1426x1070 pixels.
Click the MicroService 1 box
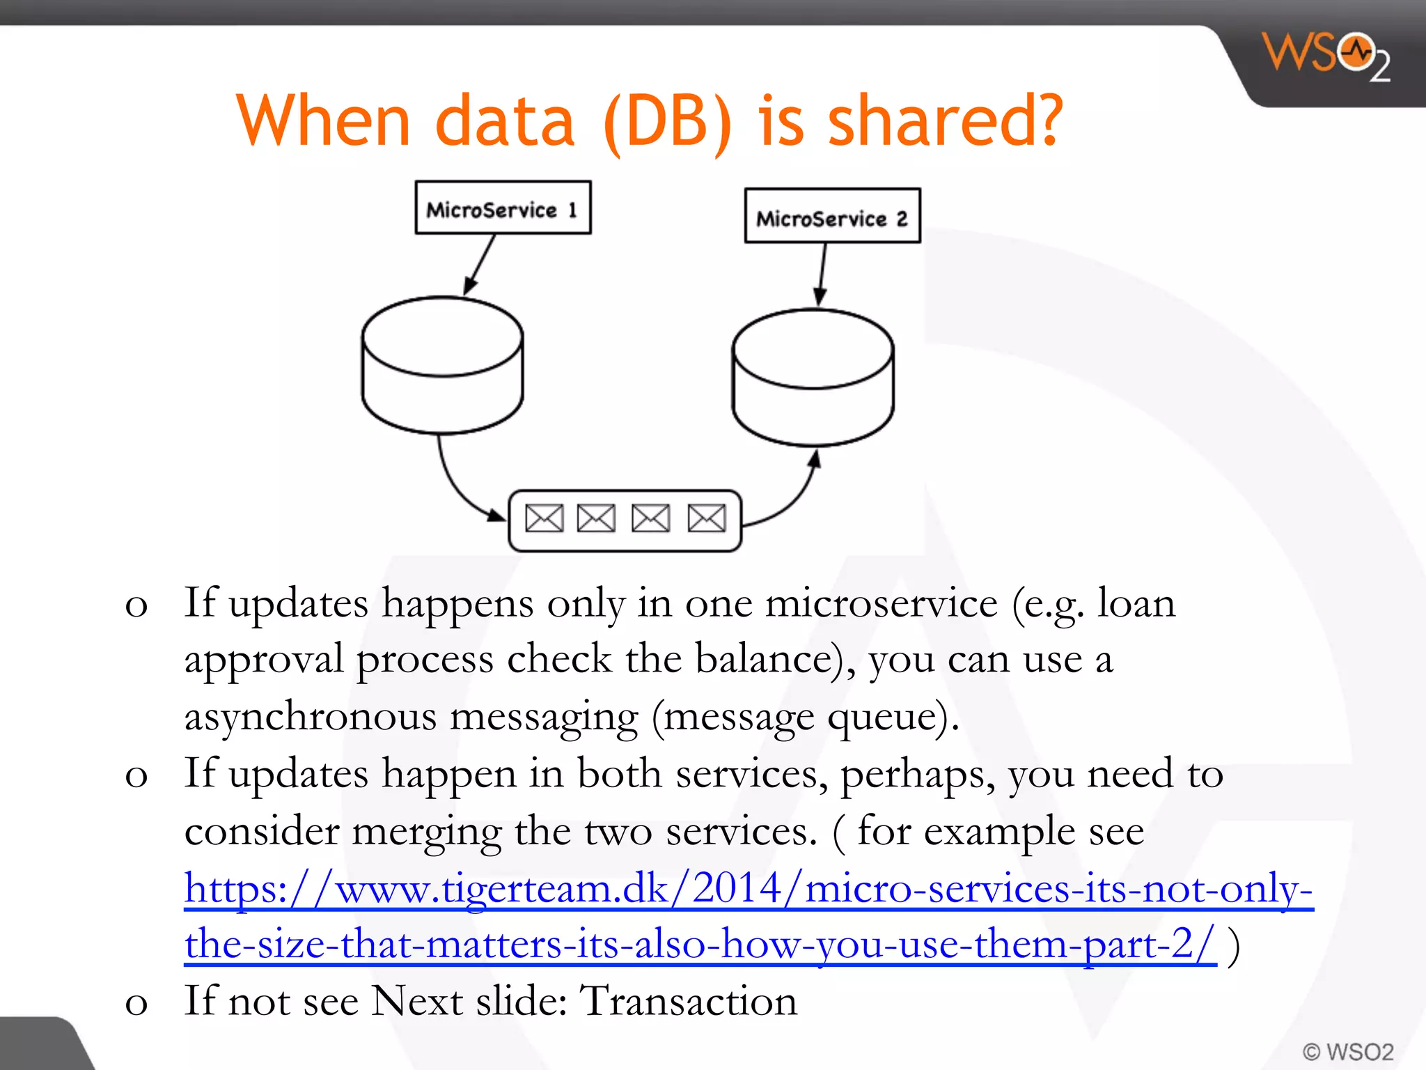[x=503, y=208]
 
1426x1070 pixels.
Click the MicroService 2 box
[x=832, y=216]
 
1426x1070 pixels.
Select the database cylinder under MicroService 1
[x=442, y=366]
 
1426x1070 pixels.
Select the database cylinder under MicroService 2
[x=813, y=378]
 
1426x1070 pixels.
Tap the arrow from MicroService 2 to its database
[x=822, y=274]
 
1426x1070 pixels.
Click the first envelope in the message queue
[x=544, y=518]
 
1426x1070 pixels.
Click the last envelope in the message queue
[x=707, y=518]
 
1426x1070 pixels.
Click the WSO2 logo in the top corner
[x=1326, y=56]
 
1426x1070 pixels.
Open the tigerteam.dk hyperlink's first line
[x=749, y=889]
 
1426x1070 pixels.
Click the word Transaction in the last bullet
[x=689, y=1001]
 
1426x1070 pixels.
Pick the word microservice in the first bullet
[x=882, y=603]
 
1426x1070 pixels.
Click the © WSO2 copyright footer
[x=1348, y=1051]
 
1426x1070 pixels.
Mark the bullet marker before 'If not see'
[x=136, y=1004]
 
